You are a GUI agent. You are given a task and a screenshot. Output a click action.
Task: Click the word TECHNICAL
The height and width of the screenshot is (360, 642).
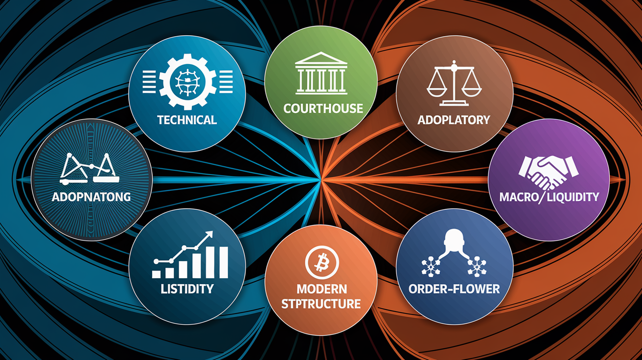(187, 120)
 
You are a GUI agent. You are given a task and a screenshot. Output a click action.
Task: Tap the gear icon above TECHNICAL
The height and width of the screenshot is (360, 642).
(188, 82)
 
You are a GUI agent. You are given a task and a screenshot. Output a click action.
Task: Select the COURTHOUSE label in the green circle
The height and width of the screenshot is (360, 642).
(323, 109)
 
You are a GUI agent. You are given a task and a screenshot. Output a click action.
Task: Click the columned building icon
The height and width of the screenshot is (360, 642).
(321, 73)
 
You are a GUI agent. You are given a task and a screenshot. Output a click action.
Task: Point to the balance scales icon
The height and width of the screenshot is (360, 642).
(454, 83)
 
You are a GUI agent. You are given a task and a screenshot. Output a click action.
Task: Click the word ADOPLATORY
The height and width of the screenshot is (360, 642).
(454, 120)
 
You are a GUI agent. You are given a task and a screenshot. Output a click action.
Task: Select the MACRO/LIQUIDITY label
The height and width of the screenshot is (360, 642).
(549, 197)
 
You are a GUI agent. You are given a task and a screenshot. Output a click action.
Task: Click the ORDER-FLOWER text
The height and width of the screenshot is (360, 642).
(454, 289)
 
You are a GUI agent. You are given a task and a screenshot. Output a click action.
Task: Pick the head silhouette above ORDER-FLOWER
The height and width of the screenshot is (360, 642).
(454, 240)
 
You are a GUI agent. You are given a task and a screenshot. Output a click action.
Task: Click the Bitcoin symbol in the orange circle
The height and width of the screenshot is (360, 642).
(322, 263)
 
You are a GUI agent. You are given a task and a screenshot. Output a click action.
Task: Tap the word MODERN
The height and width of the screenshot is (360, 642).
(321, 289)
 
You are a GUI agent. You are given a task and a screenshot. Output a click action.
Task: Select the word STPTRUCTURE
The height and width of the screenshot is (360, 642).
(321, 304)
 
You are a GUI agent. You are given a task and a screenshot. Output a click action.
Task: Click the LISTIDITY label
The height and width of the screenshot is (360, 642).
(187, 289)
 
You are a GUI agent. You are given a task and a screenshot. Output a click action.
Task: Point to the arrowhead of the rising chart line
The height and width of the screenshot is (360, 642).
(209, 235)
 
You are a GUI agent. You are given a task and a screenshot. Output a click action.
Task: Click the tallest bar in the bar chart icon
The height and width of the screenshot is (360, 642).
(223, 262)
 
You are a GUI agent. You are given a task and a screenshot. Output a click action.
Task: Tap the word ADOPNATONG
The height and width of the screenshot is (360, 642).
(91, 197)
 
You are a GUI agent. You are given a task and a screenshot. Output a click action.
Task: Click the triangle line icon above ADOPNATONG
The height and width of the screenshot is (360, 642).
(89, 168)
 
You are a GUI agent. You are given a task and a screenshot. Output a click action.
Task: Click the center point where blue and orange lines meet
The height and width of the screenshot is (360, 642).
(321, 180)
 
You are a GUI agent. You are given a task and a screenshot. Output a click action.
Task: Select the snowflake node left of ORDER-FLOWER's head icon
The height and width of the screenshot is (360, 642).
(431, 267)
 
